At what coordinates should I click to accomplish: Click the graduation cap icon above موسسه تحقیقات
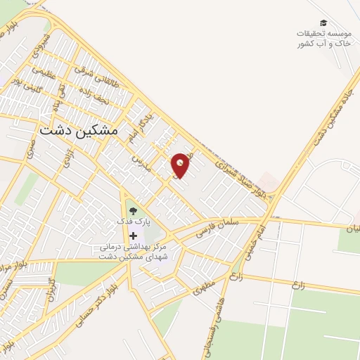[x=323, y=23]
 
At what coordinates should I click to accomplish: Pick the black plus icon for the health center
[x=133, y=236]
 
